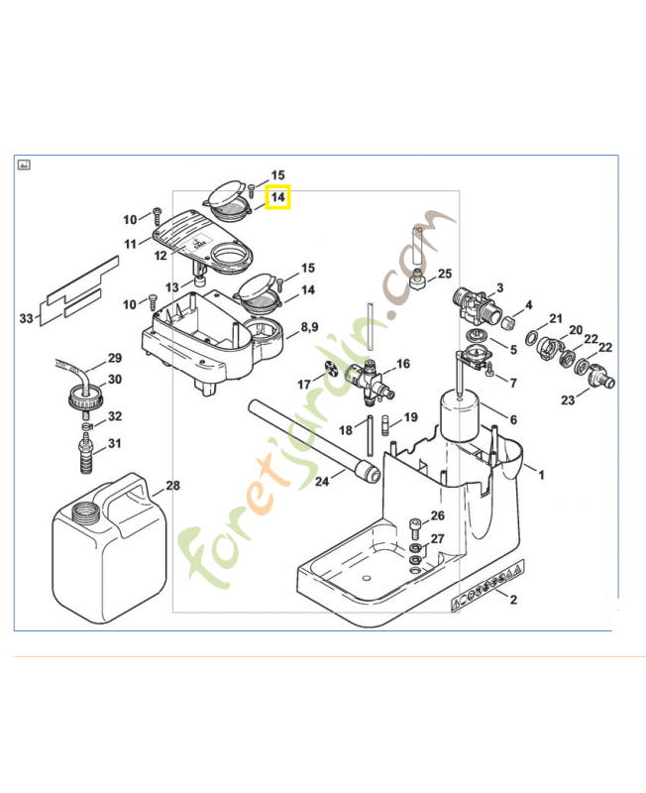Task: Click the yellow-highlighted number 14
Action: pyautogui.click(x=278, y=197)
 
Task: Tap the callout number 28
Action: pyautogui.click(x=173, y=486)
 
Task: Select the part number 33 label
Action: pyautogui.click(x=27, y=317)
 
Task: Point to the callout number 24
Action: pyautogui.click(x=322, y=482)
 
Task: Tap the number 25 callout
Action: pyautogui.click(x=444, y=274)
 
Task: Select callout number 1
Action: pyautogui.click(x=541, y=475)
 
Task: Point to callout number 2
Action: pyautogui.click(x=513, y=600)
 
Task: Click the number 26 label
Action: pyautogui.click(x=438, y=515)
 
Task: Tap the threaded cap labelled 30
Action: pyautogui.click(x=86, y=400)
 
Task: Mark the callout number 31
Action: pyautogui.click(x=115, y=442)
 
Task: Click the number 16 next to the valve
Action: pyautogui.click(x=402, y=364)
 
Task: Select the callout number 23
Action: pyautogui.click(x=567, y=400)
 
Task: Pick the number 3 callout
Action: pyautogui.click(x=500, y=287)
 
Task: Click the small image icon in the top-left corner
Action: pyautogui.click(x=25, y=165)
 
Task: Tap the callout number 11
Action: pyautogui.click(x=131, y=244)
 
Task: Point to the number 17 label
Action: pyautogui.click(x=304, y=383)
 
